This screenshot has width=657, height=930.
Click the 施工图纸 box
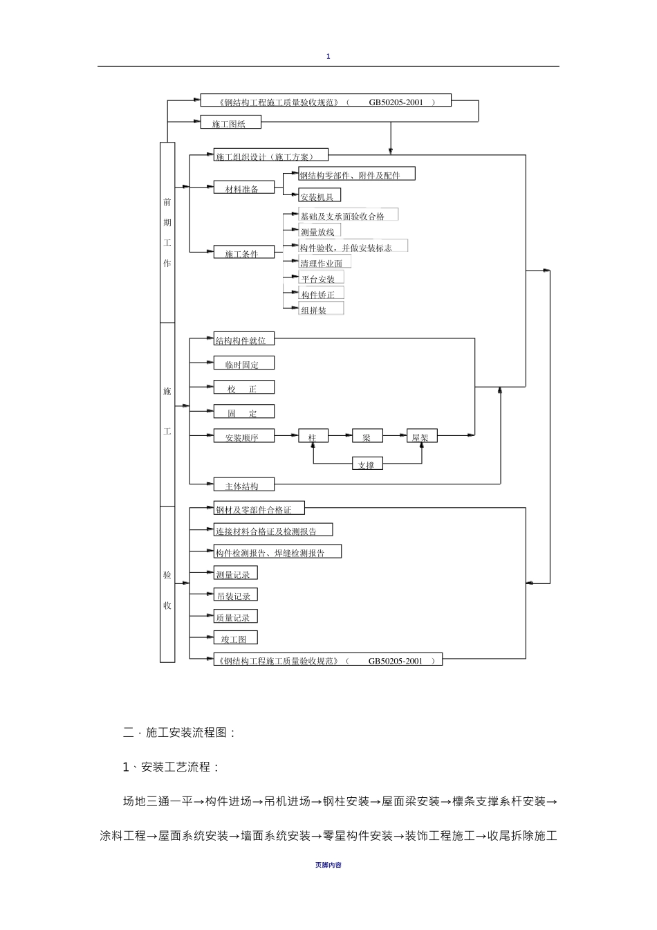(231, 122)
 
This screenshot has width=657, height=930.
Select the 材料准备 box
(244, 188)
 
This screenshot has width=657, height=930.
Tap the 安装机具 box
(320, 195)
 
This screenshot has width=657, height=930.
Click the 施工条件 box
(244, 252)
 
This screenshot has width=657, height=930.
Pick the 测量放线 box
(320, 230)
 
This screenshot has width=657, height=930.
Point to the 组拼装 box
(321, 308)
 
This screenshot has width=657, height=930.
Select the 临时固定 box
(244, 363)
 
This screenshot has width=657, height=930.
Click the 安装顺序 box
(244, 435)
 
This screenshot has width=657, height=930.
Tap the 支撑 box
(367, 464)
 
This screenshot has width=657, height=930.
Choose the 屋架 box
(422, 435)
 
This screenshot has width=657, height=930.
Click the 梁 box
(367, 435)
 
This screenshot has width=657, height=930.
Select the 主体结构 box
(244, 484)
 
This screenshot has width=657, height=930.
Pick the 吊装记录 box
(236, 594)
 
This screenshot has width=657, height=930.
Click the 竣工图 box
(236, 638)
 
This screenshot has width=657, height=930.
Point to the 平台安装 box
(321, 277)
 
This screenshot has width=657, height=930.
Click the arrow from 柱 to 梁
(340, 435)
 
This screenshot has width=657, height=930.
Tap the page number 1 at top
(328, 57)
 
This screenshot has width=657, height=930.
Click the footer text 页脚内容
(328, 865)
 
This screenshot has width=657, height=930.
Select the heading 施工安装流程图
(186, 733)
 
